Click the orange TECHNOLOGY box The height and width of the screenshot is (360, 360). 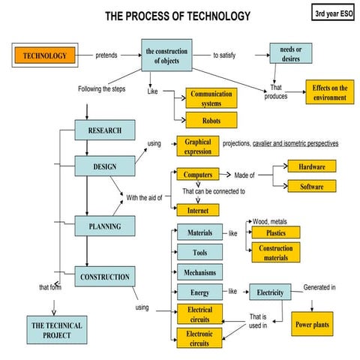[x=45, y=55]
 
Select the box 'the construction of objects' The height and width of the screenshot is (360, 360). [x=167, y=55]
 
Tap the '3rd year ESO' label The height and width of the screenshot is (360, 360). [x=332, y=13]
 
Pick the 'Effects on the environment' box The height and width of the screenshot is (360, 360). [x=329, y=92]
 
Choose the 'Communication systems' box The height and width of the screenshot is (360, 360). [x=211, y=99]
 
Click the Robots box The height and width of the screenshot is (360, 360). [x=211, y=119]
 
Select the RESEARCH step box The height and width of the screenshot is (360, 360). [x=105, y=130]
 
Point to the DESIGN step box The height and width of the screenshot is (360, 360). [x=105, y=166]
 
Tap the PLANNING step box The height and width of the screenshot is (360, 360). [x=105, y=226]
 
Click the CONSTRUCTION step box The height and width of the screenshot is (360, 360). [x=105, y=277]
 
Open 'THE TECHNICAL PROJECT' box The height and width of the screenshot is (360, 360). [x=56, y=330]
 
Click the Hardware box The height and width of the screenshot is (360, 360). [x=311, y=166]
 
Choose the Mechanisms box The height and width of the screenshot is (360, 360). [x=200, y=272]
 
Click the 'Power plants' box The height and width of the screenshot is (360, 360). [x=311, y=325]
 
